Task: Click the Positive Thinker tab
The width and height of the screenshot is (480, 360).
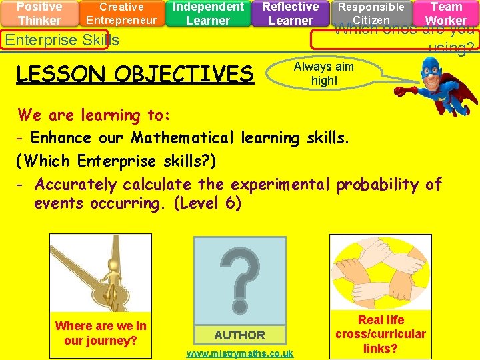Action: click(x=39, y=13)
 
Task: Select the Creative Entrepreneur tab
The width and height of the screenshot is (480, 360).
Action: click(x=121, y=13)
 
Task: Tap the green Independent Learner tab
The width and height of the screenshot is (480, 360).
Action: click(x=208, y=13)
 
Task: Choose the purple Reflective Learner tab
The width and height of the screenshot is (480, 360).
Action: click(x=290, y=13)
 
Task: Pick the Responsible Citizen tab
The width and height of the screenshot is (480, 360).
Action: click(x=371, y=13)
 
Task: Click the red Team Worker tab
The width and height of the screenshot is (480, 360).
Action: click(x=446, y=13)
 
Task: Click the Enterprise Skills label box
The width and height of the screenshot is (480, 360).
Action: click(x=62, y=40)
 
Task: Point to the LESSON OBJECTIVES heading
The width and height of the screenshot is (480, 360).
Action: click(x=135, y=74)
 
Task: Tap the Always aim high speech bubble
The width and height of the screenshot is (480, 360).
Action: click(x=323, y=73)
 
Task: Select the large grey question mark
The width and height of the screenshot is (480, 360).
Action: click(x=239, y=281)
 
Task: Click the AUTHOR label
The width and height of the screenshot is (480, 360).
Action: click(x=239, y=335)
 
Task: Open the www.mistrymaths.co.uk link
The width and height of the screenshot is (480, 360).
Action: click(x=239, y=353)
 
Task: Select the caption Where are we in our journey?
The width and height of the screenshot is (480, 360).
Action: click(x=101, y=333)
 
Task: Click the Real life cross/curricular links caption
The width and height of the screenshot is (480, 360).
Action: click(x=381, y=334)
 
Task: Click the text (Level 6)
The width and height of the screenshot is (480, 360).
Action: click(x=207, y=203)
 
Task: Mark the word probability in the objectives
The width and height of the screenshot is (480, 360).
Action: click(x=379, y=184)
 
